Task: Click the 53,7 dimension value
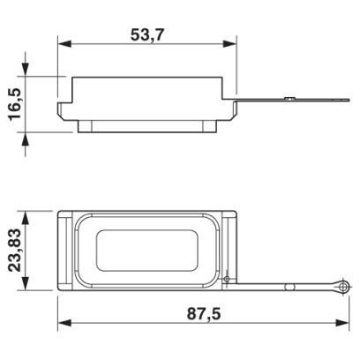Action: point(147,35)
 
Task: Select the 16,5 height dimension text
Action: point(15,104)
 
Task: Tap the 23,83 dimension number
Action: point(15,250)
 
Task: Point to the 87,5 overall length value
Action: point(204,314)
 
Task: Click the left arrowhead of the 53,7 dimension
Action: point(64,44)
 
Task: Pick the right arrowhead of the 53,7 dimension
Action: point(229,44)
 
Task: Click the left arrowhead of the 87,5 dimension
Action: point(64,323)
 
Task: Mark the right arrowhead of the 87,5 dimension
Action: point(342,323)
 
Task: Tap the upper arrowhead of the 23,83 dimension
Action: point(26,218)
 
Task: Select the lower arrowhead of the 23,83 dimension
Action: point(26,283)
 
